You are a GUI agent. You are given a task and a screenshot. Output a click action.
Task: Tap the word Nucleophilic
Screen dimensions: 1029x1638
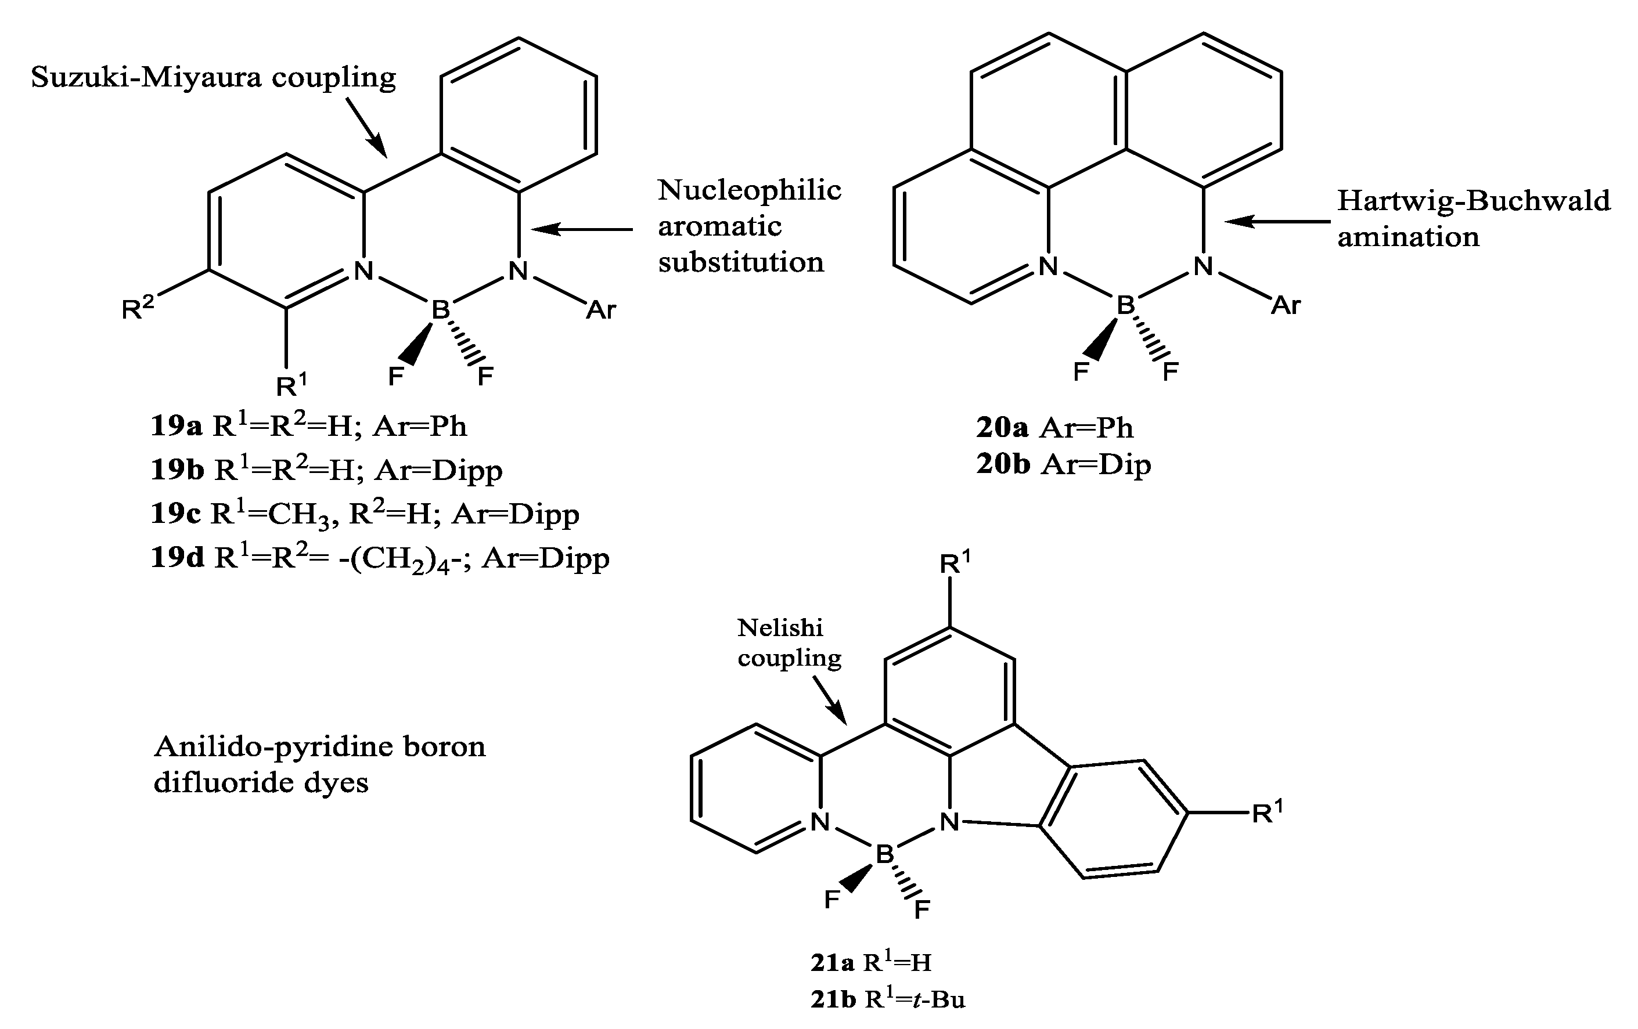pyautogui.click(x=749, y=190)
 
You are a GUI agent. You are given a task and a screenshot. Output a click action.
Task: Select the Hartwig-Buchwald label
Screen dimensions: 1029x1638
pyautogui.click(x=1473, y=201)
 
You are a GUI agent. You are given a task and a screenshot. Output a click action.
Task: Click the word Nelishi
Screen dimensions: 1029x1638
pyautogui.click(x=780, y=627)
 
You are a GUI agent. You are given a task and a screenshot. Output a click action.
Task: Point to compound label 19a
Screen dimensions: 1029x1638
pyautogui.click(x=176, y=427)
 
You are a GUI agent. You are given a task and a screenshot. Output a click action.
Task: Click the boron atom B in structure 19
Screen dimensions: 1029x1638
pyautogui.click(x=441, y=310)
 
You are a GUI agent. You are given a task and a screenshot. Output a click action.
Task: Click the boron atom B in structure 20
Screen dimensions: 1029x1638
pyautogui.click(x=1126, y=305)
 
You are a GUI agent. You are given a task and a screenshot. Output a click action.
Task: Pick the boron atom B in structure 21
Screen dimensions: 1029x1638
pyautogui.click(x=884, y=854)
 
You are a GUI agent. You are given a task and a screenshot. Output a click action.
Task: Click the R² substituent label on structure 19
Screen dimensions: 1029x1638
pyautogui.click(x=138, y=308)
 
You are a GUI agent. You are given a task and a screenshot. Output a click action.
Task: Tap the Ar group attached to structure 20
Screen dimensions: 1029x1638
pyautogui.click(x=1286, y=306)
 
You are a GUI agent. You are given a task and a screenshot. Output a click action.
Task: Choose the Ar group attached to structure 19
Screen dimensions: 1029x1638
pyautogui.click(x=600, y=310)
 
